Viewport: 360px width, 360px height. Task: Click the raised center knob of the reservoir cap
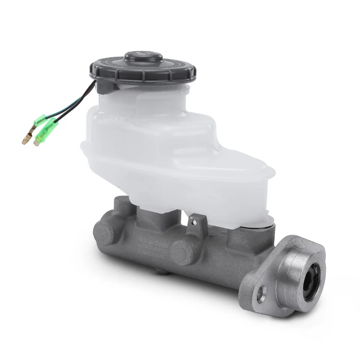(143, 58)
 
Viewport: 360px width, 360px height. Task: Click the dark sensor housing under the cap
(107, 86)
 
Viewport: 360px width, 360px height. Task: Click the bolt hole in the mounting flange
(260, 295)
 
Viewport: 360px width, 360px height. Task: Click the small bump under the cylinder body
(161, 271)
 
